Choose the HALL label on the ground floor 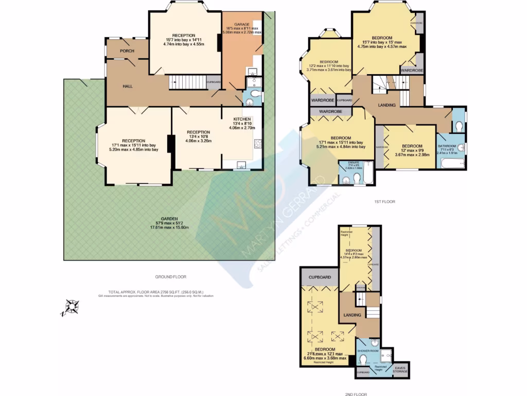click(127, 86)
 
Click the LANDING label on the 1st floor click(387, 105)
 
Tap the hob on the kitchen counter click(258, 144)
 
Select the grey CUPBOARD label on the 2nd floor click(320, 277)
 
